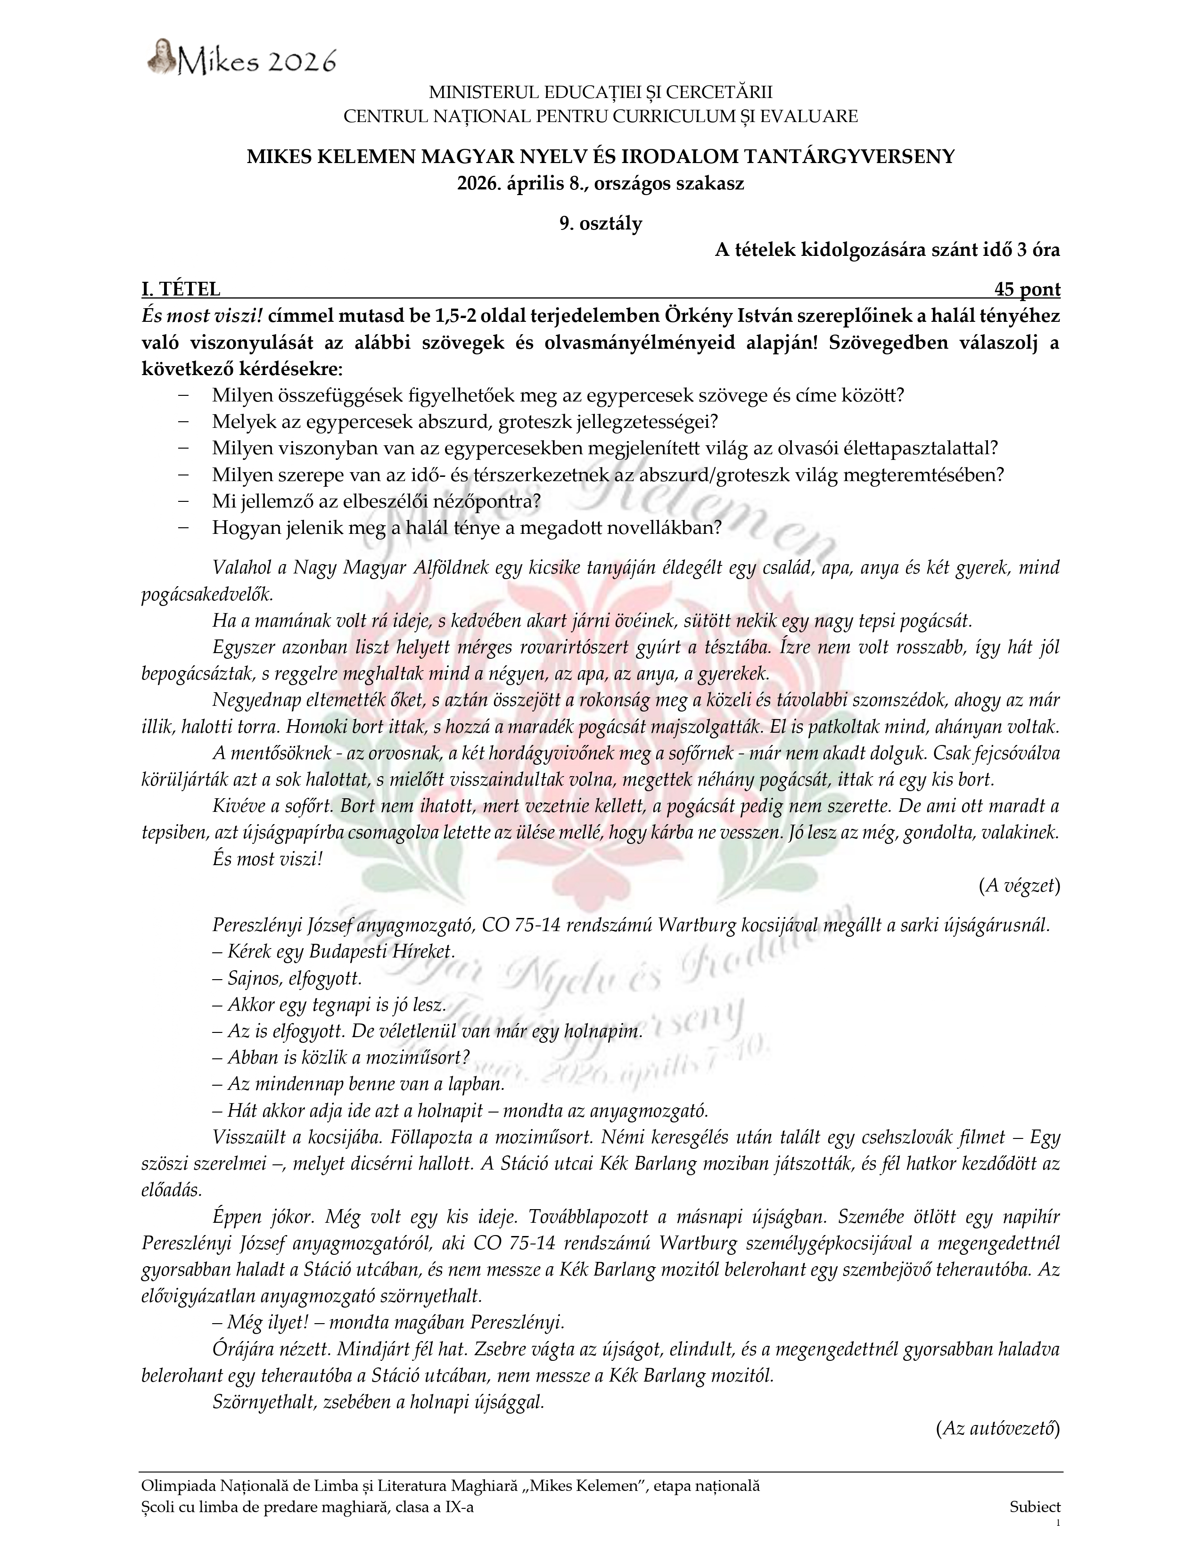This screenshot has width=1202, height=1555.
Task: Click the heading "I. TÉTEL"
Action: click(181, 289)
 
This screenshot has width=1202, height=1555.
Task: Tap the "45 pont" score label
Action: click(1027, 289)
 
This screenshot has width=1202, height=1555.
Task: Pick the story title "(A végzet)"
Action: click(1019, 886)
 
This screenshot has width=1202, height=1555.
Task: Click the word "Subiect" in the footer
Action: click(1035, 1506)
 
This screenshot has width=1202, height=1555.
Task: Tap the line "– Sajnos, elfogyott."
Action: click(287, 978)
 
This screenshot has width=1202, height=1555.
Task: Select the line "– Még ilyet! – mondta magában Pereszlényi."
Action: click(388, 1322)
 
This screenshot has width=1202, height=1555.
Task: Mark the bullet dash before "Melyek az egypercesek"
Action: click(184, 422)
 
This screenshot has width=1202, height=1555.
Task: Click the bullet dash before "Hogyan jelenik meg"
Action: click(184, 528)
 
